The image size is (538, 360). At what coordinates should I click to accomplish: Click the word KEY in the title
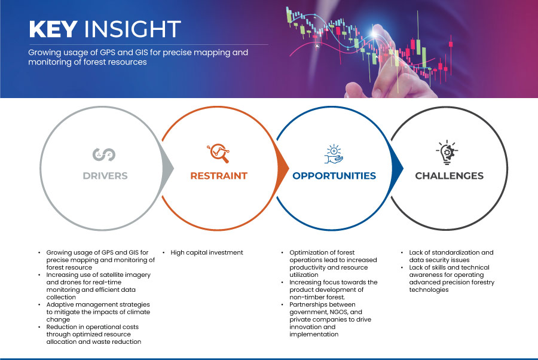pos(53,29)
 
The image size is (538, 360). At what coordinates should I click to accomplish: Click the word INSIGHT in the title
pos(133,29)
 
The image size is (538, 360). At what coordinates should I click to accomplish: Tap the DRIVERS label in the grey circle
pos(105,176)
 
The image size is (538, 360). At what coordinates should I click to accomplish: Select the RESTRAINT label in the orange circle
pos(219,176)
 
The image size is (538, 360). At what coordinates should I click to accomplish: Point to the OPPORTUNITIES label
pos(334,176)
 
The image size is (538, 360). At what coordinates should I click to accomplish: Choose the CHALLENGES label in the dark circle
pos(449,176)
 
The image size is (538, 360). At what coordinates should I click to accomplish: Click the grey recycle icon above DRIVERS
pos(104,154)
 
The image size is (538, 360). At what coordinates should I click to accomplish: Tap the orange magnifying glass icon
pos(218,153)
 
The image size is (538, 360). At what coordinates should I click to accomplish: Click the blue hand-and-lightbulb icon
pos(334,154)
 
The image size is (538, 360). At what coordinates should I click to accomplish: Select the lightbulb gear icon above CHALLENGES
pos(447,152)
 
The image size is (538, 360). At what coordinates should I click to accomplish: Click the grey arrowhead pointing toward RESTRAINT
pos(169,168)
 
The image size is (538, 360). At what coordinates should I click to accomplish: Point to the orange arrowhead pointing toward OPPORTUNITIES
pos(283,168)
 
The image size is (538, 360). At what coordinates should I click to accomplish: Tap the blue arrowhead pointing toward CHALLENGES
pos(398,168)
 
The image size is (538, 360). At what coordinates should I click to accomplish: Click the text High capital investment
pos(207,252)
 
